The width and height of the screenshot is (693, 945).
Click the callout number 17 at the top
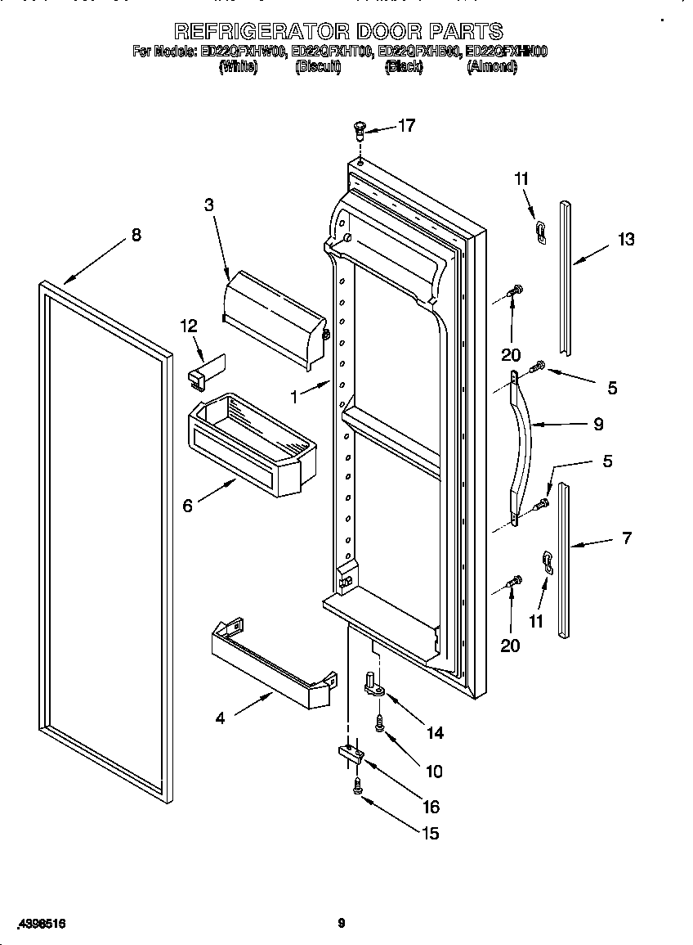click(x=406, y=125)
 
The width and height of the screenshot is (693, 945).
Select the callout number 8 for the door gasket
click(x=136, y=236)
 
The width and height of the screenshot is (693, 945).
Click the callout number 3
click(x=209, y=205)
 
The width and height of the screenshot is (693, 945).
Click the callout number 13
click(x=626, y=239)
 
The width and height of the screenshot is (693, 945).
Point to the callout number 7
click(x=626, y=538)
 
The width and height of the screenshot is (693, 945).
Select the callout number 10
click(x=433, y=771)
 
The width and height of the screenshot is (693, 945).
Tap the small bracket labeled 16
click(x=349, y=754)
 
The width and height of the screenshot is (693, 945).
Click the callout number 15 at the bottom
click(x=430, y=833)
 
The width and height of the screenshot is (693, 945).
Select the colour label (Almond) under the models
click(x=491, y=68)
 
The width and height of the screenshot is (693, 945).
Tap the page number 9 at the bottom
click(x=342, y=924)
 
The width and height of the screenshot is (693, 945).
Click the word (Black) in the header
click(x=404, y=68)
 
